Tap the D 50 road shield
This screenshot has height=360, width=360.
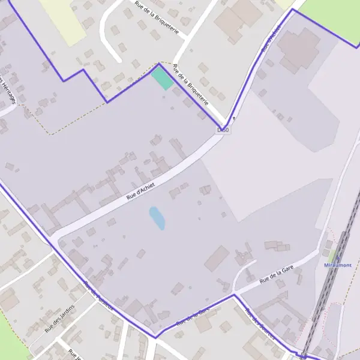[x=223, y=129]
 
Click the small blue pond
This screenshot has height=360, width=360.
[x=157, y=218]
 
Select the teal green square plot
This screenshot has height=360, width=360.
[x=161, y=79]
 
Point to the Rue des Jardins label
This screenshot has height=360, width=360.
[x=59, y=318]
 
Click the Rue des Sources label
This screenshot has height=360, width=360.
[x=259, y=323]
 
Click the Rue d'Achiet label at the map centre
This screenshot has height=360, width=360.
[x=140, y=191]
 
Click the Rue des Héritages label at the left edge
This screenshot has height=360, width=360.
[x=8, y=90]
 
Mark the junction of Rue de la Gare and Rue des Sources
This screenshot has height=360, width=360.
[x=234, y=295]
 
